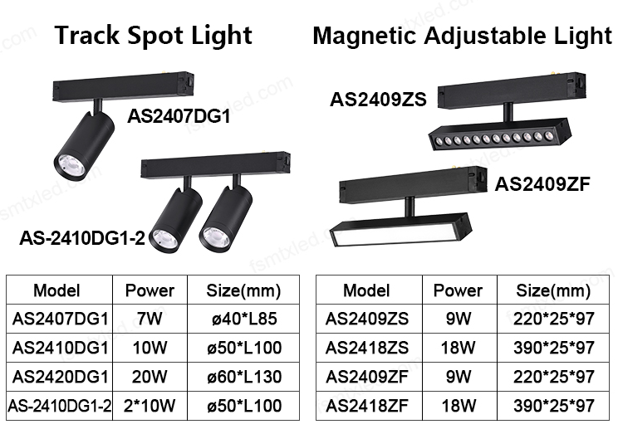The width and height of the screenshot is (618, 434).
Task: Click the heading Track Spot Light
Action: [153, 35]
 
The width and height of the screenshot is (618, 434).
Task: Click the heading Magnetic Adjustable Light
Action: [462, 35]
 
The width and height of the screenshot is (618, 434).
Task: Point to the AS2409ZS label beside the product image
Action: [378, 100]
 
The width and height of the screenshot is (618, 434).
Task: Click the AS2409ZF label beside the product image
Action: [542, 184]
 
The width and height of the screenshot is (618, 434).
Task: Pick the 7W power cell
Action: [150, 319]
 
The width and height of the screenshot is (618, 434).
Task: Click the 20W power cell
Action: [150, 377]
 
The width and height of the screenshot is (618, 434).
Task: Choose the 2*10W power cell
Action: [150, 407]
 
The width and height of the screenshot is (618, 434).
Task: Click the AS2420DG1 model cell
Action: [61, 377]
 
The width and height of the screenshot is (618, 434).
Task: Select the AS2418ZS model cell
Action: [366, 348]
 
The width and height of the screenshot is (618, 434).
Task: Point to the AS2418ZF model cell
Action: [366, 407]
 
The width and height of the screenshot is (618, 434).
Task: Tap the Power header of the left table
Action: [150, 290]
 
